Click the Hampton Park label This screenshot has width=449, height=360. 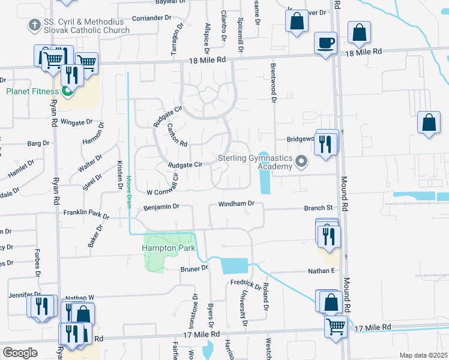160,248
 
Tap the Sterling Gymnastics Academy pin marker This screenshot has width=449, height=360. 302,161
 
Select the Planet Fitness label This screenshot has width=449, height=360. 32,91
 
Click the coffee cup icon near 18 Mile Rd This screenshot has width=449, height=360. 325,43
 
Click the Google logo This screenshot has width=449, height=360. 19,352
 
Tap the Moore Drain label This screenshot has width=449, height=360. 128,191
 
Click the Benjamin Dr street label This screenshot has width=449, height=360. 161,206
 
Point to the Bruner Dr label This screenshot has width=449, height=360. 194,268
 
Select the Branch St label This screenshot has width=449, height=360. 318,208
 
